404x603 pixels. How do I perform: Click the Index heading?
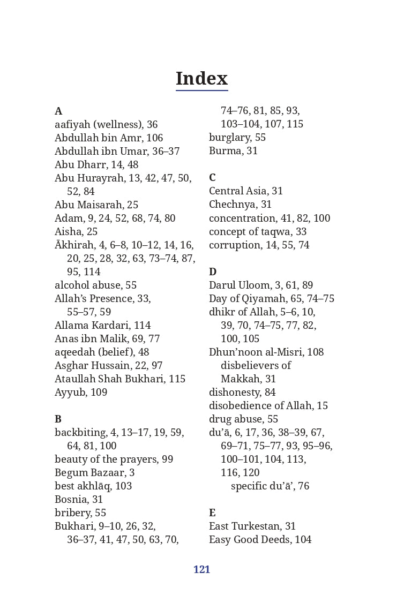(x=201, y=79)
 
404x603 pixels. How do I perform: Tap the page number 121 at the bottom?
(x=201, y=570)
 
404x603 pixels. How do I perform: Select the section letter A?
(x=58, y=111)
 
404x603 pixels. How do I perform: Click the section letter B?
(x=58, y=419)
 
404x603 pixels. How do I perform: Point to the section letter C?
(x=212, y=178)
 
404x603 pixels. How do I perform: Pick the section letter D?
(x=213, y=272)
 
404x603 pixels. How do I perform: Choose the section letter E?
(x=212, y=513)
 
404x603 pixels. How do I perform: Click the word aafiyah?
(x=72, y=125)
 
